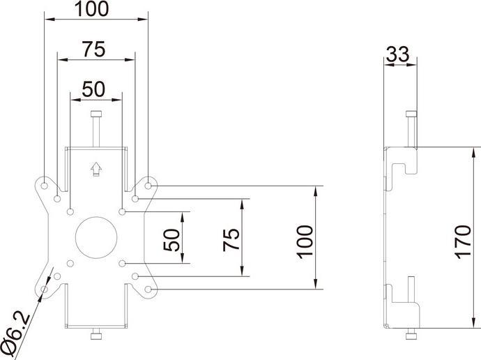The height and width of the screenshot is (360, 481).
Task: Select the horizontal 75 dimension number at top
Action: pos(94,50)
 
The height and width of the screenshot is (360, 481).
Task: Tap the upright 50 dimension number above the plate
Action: pos(95,89)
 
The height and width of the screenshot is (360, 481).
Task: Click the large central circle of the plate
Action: pos(96,238)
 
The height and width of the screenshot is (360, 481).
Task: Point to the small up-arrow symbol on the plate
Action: pos(96,169)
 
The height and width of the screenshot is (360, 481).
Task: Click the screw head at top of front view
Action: pos(96,116)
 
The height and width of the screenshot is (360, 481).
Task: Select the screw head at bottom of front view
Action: pos(96,337)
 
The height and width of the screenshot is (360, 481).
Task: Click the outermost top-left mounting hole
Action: pos(45,186)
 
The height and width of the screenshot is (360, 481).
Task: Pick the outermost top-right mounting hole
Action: pos(148,186)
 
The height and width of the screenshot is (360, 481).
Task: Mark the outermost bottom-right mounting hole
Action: pos(148,289)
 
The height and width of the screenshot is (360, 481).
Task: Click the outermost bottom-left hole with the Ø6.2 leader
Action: pos(45,289)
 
